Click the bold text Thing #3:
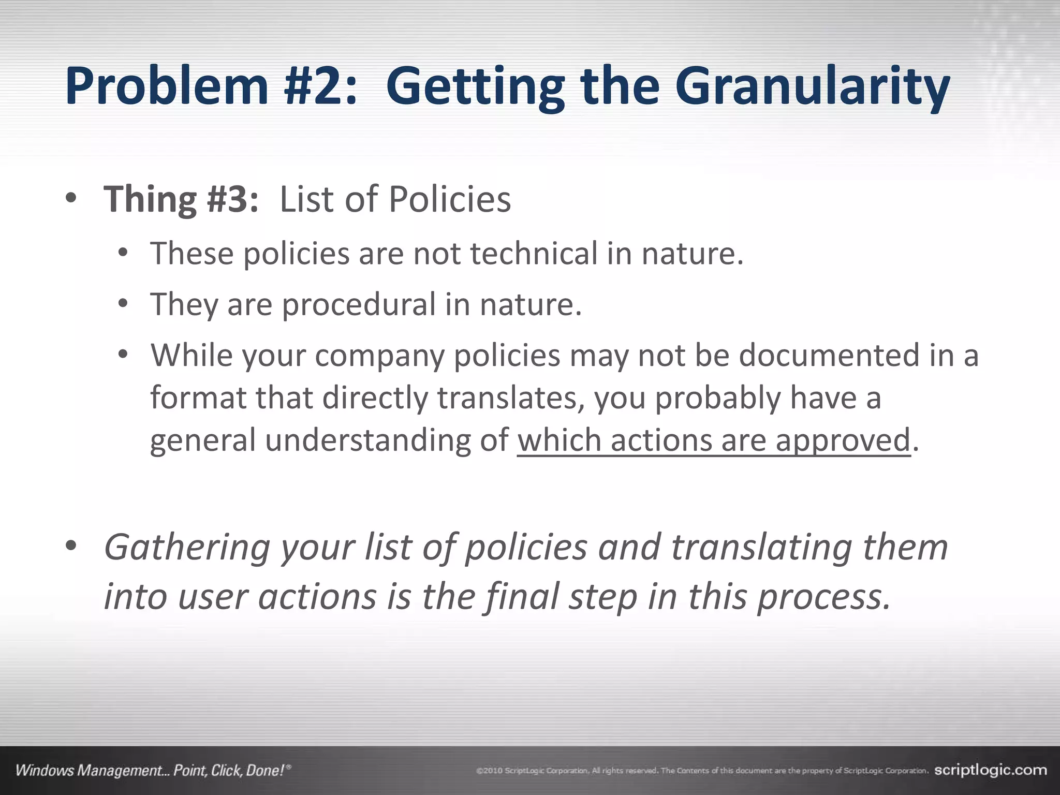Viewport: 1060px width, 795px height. click(181, 199)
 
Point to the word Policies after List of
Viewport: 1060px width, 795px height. click(449, 199)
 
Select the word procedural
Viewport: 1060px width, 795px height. click(359, 304)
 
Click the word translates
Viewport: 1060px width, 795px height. click(511, 398)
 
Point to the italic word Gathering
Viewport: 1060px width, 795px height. click(187, 548)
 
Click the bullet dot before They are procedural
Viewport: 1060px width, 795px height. click(123, 304)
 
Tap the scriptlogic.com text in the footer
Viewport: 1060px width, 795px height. click(990, 770)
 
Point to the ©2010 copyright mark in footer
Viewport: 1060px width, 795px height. click(489, 771)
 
